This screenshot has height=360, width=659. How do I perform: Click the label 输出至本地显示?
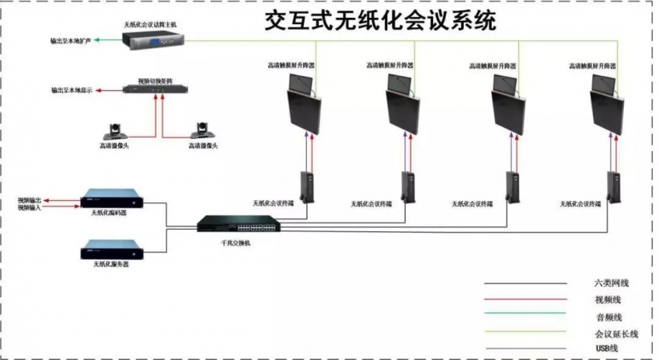(72, 92)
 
